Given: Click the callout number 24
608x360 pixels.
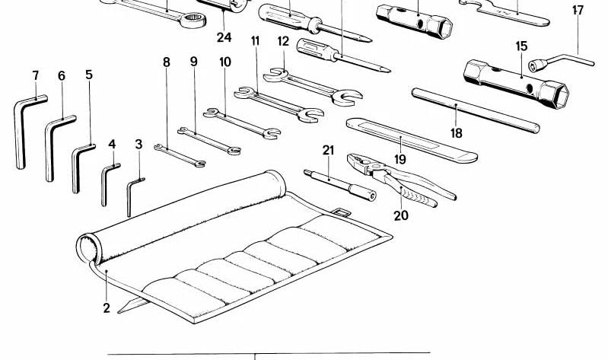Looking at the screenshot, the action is [224, 37].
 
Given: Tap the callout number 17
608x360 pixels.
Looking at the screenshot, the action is [578, 10].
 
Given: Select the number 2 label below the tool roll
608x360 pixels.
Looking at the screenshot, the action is [107, 308].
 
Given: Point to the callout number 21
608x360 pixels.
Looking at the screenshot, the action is [328, 150].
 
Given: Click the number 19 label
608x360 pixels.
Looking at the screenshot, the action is [399, 159].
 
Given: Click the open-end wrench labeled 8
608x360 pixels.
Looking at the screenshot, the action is [180, 155].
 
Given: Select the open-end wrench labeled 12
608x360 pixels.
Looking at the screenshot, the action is [313, 87].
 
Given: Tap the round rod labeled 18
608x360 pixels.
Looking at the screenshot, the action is [476, 110].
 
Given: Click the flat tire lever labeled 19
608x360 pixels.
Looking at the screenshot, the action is [412, 140].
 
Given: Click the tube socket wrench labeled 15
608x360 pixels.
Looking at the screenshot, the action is [516, 84].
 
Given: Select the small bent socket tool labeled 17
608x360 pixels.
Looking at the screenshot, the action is [561, 62].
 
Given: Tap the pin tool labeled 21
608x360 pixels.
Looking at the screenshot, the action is [340, 185].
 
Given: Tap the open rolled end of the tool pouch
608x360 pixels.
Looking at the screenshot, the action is [88, 249].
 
